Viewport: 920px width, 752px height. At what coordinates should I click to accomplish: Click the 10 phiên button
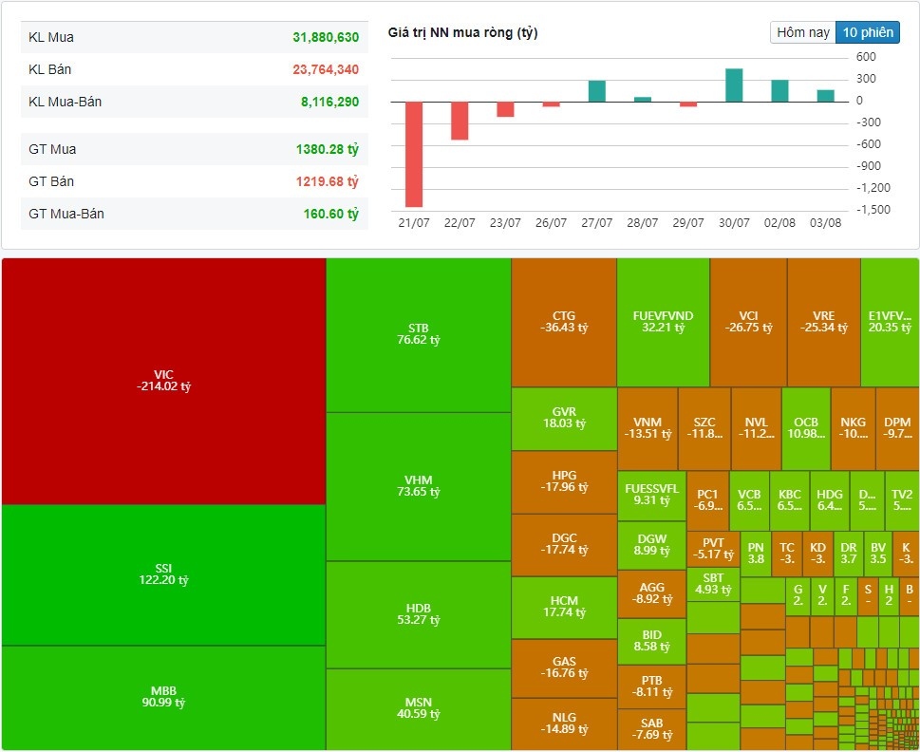867,32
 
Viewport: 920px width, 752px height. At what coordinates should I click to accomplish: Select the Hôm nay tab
803,32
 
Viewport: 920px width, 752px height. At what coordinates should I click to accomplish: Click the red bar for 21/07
414,154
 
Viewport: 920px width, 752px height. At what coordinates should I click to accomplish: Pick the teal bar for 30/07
734,85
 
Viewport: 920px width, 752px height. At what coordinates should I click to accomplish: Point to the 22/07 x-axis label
460,223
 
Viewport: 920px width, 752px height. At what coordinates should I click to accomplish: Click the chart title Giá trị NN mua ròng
462,33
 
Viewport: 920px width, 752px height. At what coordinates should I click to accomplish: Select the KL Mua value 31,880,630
326,38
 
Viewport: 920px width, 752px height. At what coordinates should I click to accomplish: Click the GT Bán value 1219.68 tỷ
327,181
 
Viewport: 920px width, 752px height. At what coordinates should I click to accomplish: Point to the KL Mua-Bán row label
66,102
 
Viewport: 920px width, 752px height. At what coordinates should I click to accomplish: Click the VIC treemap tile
164,380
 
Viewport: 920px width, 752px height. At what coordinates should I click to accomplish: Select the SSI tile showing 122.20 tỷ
164,573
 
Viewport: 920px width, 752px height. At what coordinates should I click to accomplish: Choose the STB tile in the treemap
419,334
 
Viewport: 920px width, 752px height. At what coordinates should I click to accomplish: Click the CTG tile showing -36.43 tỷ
564,322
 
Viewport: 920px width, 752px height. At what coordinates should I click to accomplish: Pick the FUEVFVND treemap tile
663,322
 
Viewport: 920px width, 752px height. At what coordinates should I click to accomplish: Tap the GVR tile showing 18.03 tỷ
564,418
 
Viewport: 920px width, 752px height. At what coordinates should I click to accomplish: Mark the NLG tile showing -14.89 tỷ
564,723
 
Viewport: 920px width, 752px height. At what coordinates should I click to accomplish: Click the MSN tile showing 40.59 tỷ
419,708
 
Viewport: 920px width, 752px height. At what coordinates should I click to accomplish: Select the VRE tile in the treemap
823,322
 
